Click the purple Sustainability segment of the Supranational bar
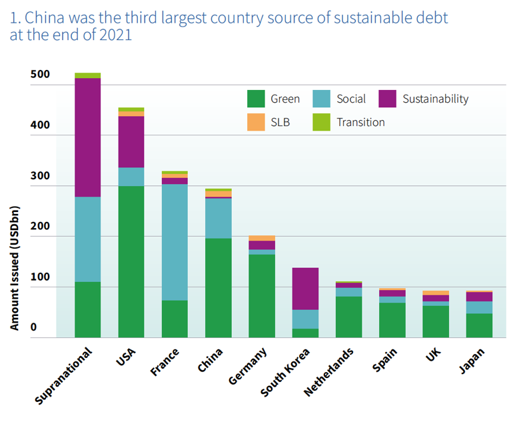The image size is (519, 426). [x=87, y=137]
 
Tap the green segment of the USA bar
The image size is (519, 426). [x=131, y=261]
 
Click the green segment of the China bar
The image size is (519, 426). [x=218, y=287]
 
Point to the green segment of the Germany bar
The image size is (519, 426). [x=261, y=295]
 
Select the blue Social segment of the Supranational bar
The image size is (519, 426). [x=87, y=239]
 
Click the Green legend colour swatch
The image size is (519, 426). [x=256, y=99]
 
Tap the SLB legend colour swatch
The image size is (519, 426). [x=256, y=122]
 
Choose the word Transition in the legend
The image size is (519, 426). [x=360, y=122]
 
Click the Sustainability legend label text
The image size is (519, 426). [x=435, y=99]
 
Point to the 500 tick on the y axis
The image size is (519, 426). [x=39, y=74]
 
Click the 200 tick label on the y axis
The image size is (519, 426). [x=39, y=226]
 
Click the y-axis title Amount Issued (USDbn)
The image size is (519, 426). [x=15, y=267]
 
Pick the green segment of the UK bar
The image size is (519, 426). [x=435, y=321]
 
